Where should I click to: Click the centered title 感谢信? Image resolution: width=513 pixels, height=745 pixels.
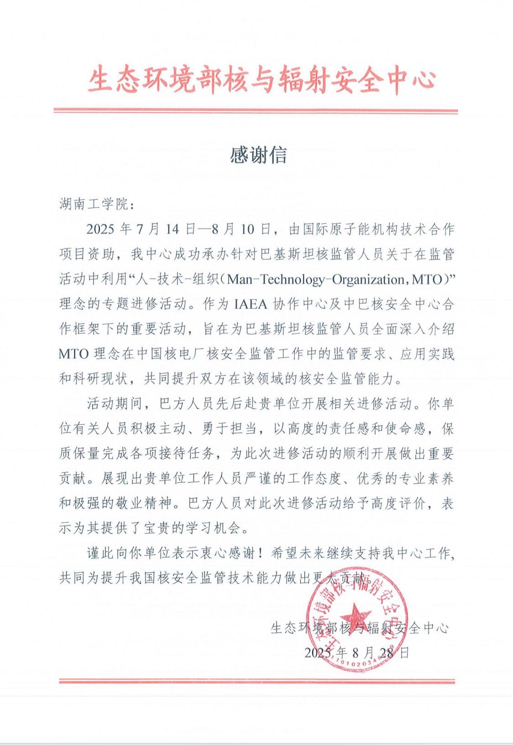[258, 155]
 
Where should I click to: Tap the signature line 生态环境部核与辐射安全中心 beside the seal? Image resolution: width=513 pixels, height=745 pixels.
[360, 628]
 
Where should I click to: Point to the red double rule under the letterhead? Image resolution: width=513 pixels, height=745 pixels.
[256, 111]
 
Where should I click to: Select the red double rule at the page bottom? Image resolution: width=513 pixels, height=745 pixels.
[257, 681]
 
